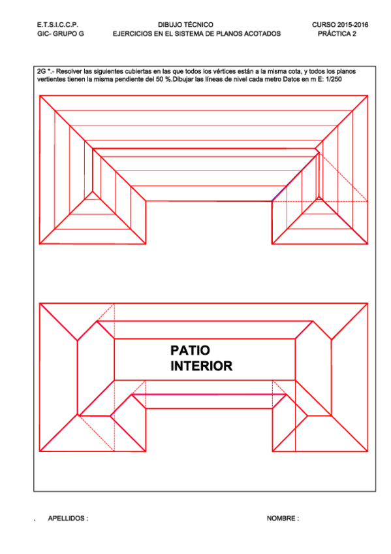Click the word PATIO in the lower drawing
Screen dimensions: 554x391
click(x=190, y=351)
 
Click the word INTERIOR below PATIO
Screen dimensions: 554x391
click(x=201, y=367)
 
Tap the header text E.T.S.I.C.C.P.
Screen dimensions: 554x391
click(x=58, y=24)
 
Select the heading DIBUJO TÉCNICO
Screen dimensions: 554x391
click(x=185, y=24)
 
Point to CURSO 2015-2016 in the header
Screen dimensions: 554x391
click(x=340, y=24)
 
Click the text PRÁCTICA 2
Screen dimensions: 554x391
click(x=337, y=33)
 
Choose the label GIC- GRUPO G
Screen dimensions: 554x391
click(x=61, y=33)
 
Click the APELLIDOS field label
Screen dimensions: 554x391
click(x=68, y=518)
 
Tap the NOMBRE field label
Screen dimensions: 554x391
click(x=283, y=518)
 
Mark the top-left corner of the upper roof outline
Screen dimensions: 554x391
click(x=40, y=96)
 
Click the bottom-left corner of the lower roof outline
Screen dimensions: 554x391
click(x=40, y=451)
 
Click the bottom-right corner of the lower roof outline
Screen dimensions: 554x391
click(x=367, y=451)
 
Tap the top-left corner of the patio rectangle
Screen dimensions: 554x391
click(x=115, y=339)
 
